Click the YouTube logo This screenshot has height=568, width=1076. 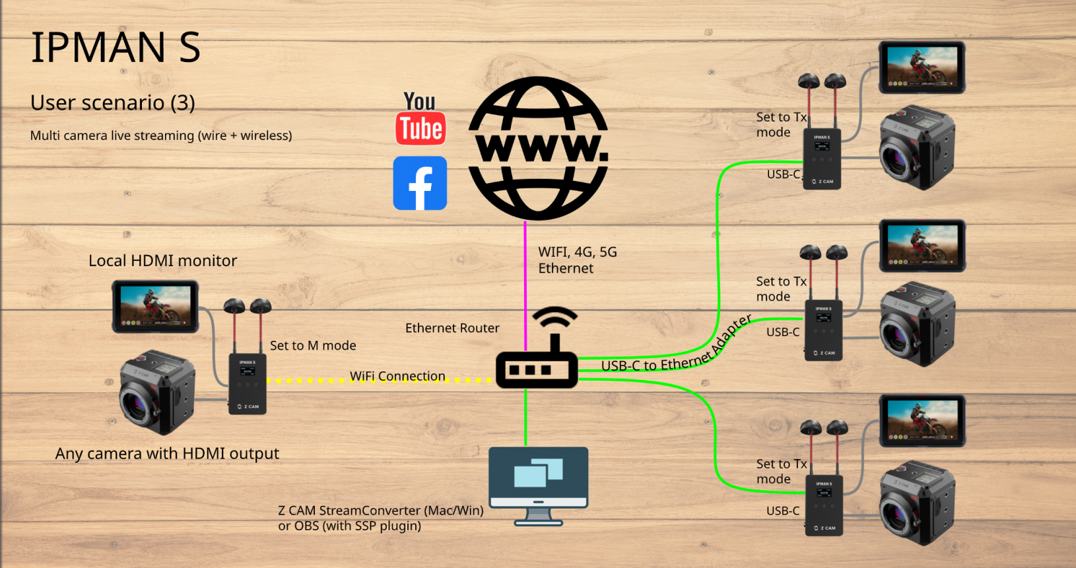coord(420,119)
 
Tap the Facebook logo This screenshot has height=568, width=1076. coord(420,183)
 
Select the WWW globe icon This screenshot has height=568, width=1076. coord(538,149)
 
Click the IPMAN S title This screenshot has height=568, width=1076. coord(116,48)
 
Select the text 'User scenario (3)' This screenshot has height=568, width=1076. coord(113,103)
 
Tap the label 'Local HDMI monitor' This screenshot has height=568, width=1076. coord(162,261)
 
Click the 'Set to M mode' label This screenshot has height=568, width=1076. coord(313,345)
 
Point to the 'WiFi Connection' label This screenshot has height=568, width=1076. coord(397,376)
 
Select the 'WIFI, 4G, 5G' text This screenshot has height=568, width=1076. coord(578,252)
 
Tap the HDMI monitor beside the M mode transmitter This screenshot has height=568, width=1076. coord(156,306)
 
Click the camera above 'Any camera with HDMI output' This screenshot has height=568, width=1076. coord(157,392)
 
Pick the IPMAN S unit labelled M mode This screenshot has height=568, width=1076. coord(248,384)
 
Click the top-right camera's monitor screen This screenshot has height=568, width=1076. coord(922,67)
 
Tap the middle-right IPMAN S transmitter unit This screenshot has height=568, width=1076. coord(823,330)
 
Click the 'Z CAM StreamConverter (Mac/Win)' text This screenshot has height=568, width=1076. coord(381,511)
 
